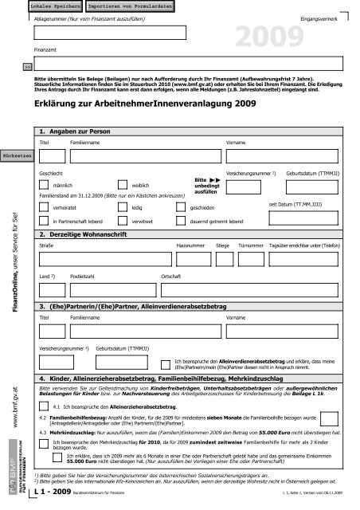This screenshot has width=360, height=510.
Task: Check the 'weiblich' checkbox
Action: [122, 183]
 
